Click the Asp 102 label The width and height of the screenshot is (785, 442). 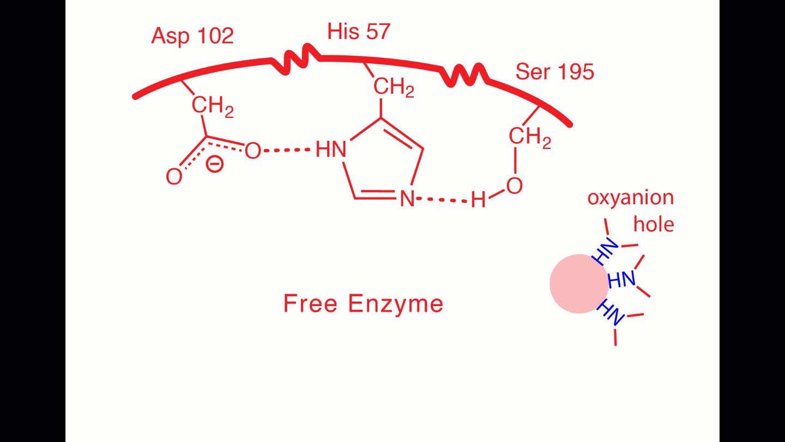[192, 36]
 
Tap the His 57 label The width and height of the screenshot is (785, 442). [359, 32]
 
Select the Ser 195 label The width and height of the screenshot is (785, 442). [554, 71]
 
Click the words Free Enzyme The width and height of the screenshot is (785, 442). [363, 303]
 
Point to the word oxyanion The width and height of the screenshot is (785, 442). [630, 198]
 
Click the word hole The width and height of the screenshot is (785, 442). [654, 224]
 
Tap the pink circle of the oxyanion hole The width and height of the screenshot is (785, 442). [578, 284]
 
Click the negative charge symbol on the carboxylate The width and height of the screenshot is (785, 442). [215, 164]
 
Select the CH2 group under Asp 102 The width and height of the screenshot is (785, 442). [213, 106]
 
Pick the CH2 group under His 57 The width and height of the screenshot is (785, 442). [394, 87]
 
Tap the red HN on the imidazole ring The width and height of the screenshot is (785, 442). [331, 150]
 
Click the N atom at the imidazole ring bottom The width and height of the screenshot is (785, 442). [407, 199]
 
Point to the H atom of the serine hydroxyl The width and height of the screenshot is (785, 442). [478, 200]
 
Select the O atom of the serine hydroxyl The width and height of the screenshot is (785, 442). [514, 186]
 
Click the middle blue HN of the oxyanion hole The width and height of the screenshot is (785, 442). [621, 280]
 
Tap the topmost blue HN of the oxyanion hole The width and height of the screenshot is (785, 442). [606, 252]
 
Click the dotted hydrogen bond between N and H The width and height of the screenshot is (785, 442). [442, 200]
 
